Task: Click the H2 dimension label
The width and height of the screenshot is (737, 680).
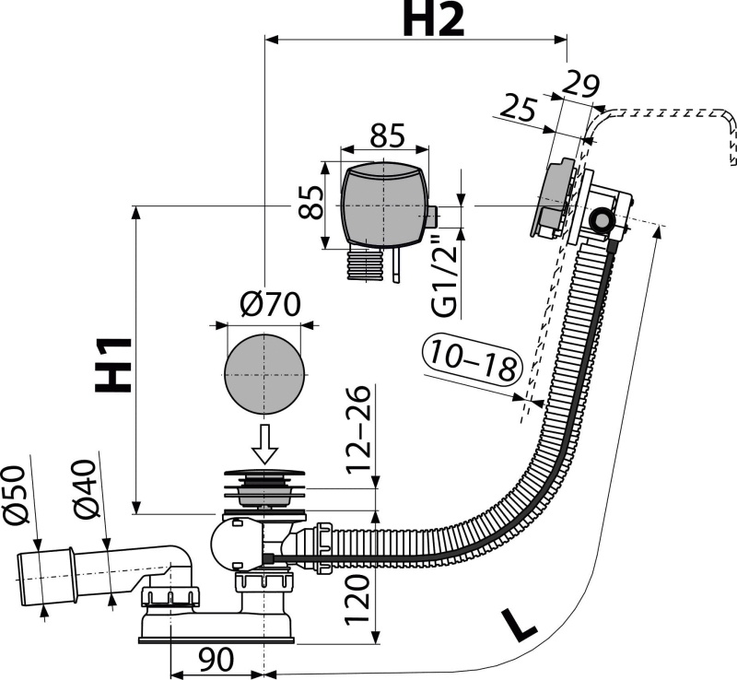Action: click(432, 19)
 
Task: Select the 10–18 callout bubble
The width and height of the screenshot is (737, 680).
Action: click(473, 360)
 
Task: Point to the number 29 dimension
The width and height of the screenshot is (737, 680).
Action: click(580, 85)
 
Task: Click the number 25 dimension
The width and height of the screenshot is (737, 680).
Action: click(518, 109)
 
